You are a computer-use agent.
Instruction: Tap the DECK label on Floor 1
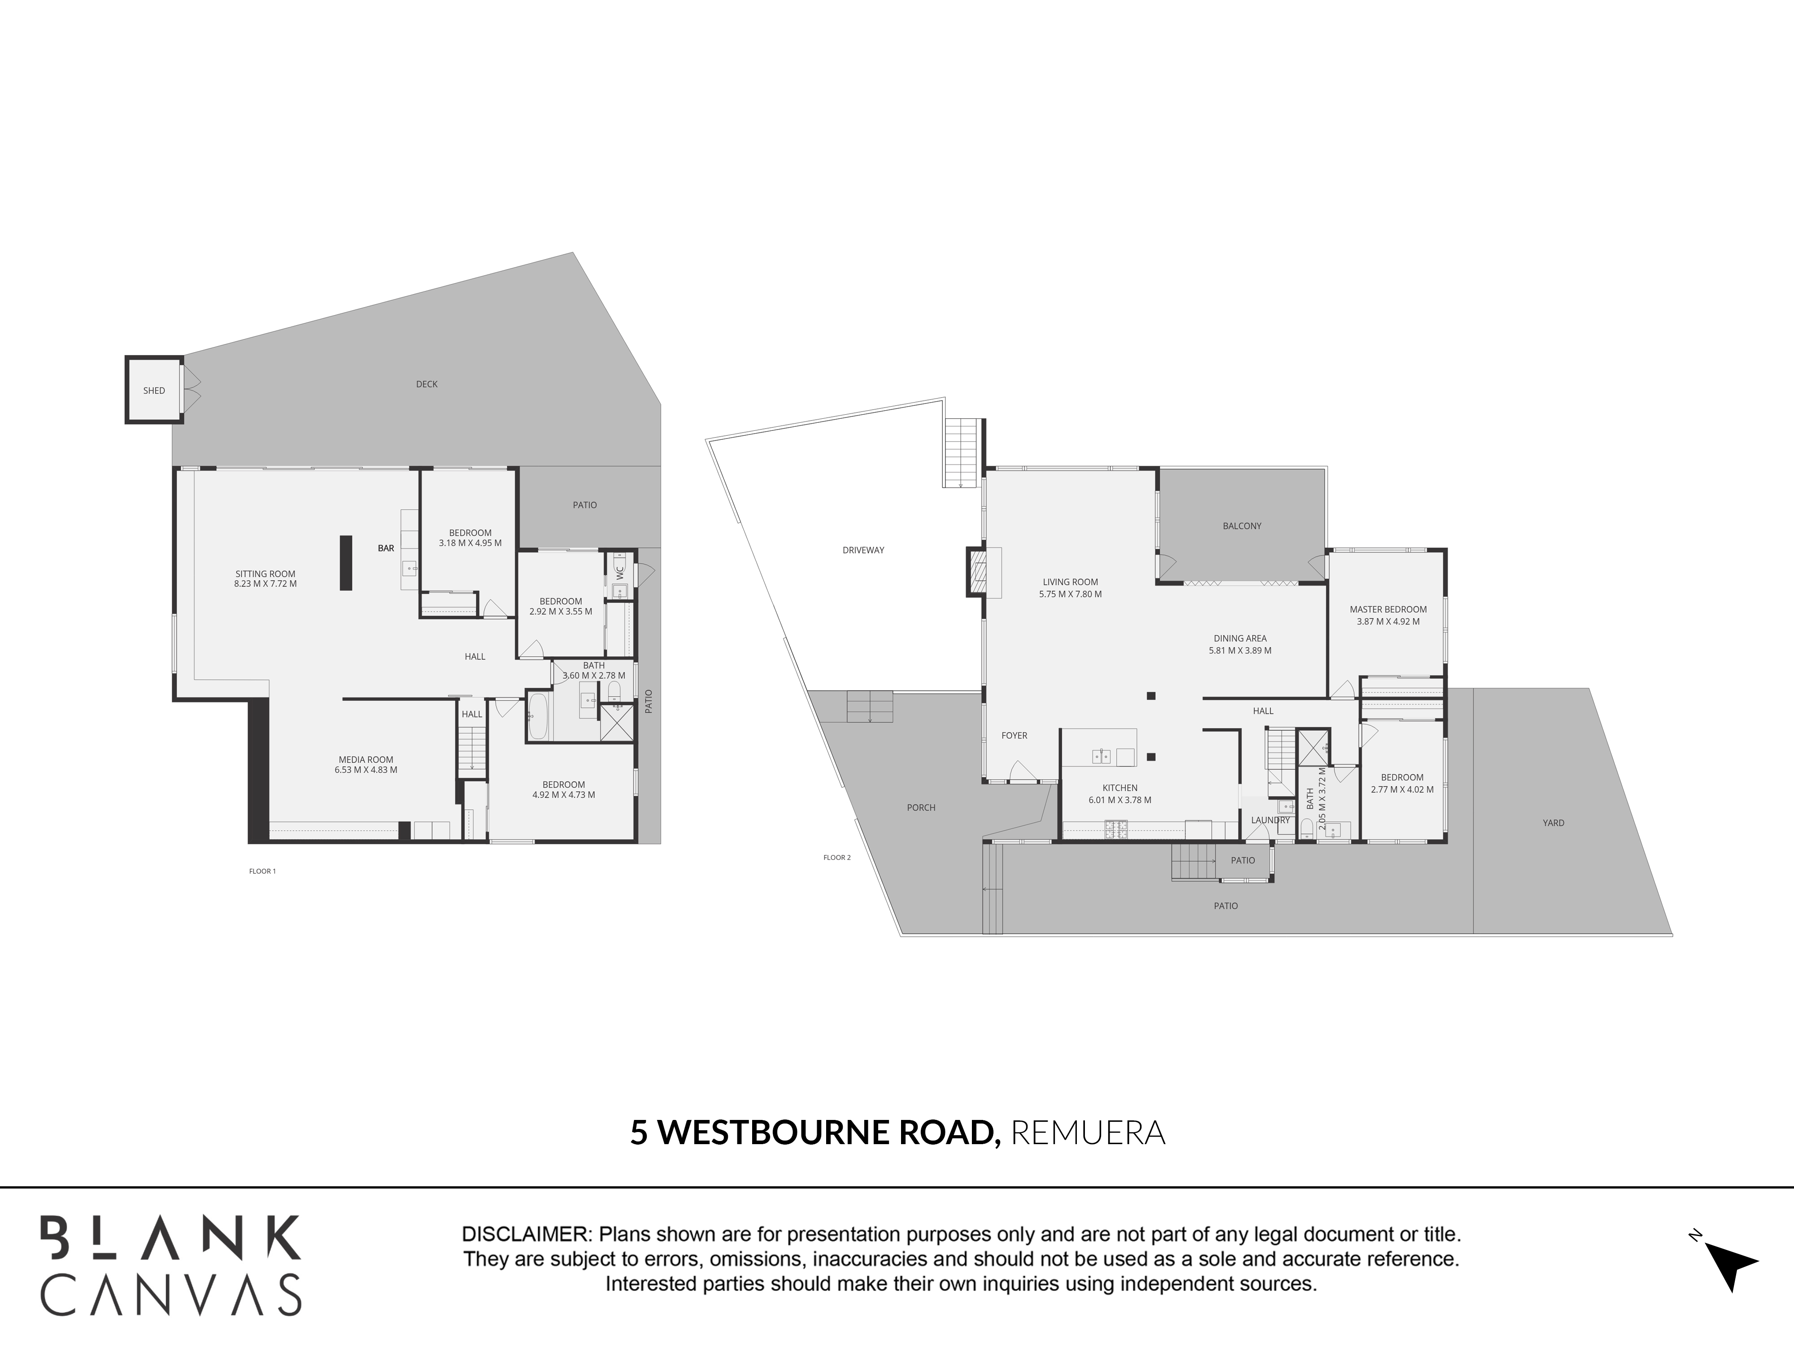pyautogui.click(x=427, y=384)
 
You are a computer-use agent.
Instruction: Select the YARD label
pyautogui.click(x=1553, y=823)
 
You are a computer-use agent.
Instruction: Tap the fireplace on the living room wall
pyautogui.click(x=975, y=572)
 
